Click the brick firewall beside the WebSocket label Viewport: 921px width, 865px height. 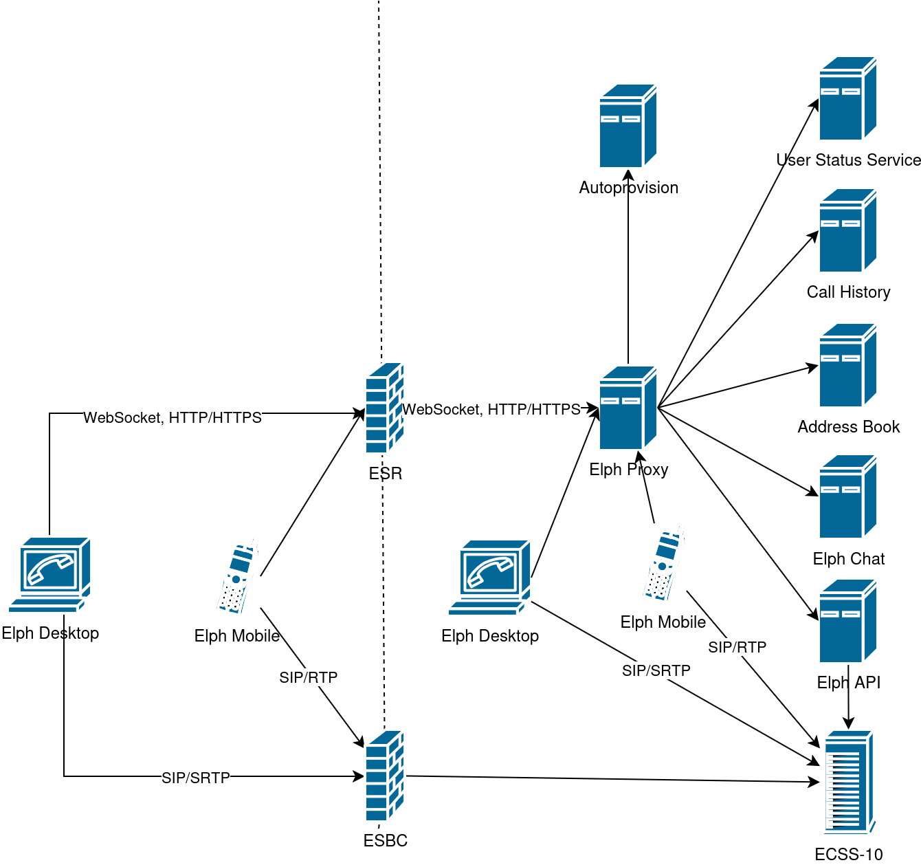384,408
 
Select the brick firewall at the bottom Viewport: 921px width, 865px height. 384,776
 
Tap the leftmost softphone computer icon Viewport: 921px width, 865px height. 50,575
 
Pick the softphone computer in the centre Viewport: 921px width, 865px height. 490,578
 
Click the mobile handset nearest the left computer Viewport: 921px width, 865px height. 237,576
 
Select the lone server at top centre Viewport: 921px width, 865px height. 628,126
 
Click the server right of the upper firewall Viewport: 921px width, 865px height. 628,408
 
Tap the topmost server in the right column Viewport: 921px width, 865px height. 847,99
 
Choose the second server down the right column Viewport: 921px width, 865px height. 847,231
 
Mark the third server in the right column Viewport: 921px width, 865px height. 847,365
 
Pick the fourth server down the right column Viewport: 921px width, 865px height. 847,496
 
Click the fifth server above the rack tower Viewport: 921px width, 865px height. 847,621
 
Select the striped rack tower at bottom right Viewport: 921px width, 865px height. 849,782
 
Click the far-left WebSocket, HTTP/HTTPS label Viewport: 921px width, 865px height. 173,417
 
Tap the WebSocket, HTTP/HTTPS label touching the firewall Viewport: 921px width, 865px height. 491,409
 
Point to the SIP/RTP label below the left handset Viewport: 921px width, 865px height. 309,677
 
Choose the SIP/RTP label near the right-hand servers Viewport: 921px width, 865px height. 737,647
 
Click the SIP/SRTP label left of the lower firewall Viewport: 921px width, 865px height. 196,778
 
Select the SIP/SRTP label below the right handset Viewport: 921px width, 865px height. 656,670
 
